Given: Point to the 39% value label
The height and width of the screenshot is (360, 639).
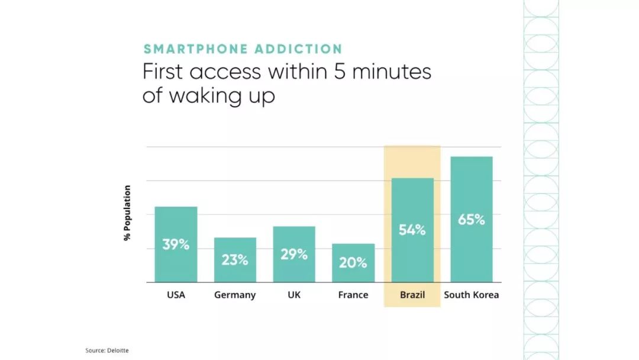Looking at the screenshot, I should [176, 244].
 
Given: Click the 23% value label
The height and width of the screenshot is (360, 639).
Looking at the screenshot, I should [235, 259].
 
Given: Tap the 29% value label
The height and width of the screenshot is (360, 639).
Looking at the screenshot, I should [294, 255].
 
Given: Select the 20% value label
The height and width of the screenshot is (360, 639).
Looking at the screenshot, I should [353, 262].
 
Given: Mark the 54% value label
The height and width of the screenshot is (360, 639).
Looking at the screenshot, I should [412, 230].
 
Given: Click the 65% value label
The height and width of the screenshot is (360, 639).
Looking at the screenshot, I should [472, 220].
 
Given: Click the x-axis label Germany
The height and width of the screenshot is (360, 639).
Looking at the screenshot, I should [235, 295].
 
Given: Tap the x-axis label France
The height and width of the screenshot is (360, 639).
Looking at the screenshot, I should [353, 295].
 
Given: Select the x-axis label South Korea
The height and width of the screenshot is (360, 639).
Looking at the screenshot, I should [472, 295].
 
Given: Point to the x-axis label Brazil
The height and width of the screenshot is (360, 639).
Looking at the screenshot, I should [412, 295].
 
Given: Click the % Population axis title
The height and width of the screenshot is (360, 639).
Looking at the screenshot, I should [127, 213].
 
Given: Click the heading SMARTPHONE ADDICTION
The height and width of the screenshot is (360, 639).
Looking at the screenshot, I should [243, 49].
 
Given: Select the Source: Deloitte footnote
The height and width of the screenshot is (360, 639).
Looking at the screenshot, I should [106, 351].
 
